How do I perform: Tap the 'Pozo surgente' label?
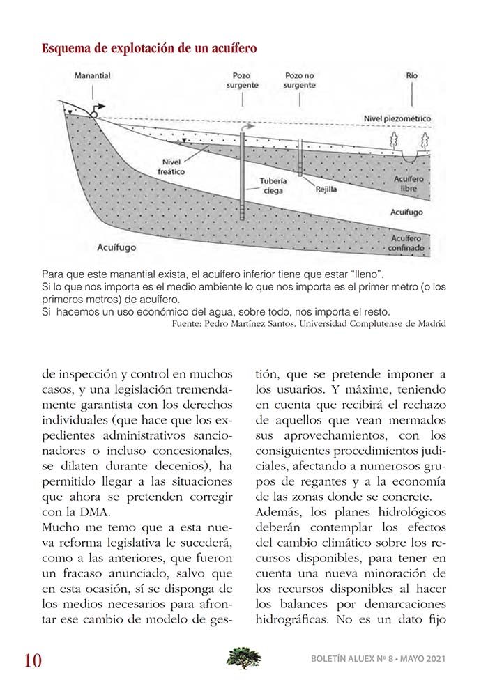click(242, 80)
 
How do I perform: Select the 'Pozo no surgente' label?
click(300, 80)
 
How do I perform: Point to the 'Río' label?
click(412, 75)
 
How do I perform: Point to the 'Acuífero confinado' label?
click(411, 242)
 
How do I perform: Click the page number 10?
click(32, 660)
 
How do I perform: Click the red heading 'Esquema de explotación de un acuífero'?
click(149, 49)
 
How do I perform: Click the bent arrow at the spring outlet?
click(98, 107)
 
